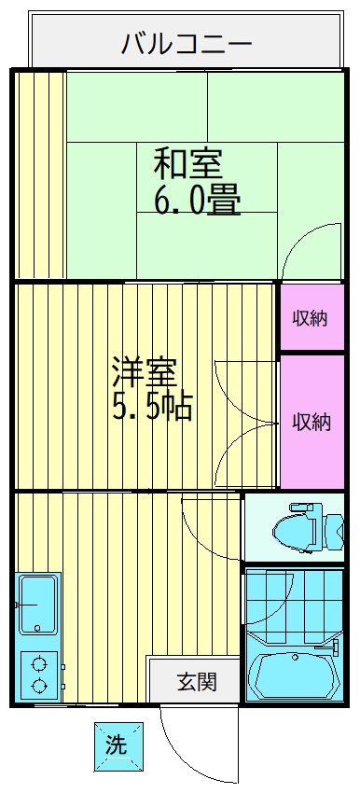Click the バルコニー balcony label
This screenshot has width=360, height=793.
tap(187, 43)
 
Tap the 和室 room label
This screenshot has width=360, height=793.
tap(187, 164)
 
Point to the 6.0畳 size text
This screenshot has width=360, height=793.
tap(197, 200)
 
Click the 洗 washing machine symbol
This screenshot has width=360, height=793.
tap(117, 745)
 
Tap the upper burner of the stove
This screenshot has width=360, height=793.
tap(39, 665)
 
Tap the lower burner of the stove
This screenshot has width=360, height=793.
tap(39, 686)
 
